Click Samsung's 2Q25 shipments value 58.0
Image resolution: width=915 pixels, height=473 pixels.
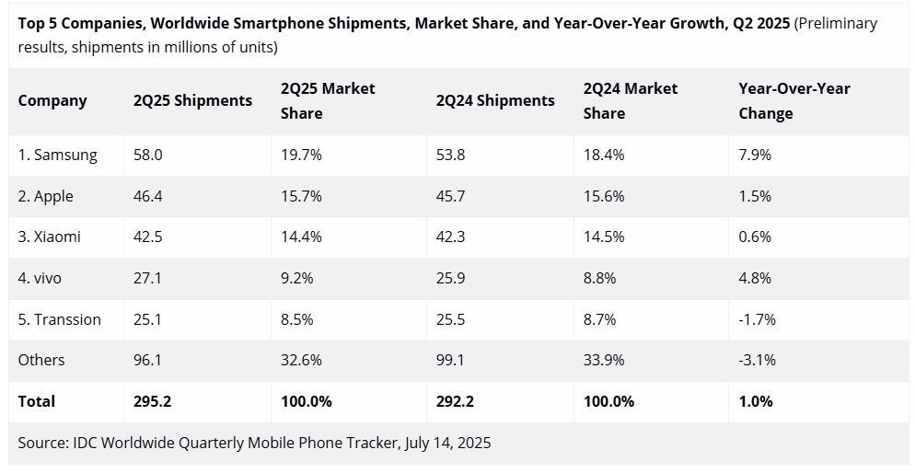tap(147, 156)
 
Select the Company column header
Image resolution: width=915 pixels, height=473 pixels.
tap(52, 101)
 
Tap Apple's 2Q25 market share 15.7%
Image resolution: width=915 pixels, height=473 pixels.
tap(301, 197)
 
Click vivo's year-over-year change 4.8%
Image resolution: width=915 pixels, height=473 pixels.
tap(755, 279)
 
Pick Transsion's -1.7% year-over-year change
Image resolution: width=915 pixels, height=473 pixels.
tap(757, 320)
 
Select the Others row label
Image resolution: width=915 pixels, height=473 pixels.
tap(41, 361)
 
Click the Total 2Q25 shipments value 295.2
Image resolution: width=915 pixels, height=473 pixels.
tap(152, 401)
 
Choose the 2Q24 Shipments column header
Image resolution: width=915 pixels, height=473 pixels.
tap(495, 101)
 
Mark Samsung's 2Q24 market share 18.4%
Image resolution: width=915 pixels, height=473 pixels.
tap(604, 156)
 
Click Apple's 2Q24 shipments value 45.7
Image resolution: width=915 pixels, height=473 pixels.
tap(450, 197)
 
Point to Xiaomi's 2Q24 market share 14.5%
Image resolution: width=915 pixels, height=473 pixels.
tap(604, 237)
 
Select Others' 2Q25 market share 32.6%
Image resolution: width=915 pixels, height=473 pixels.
tap(301, 361)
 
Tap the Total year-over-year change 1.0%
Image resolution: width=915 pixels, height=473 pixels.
tap(756, 401)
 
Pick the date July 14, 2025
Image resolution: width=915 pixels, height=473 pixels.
tap(447, 443)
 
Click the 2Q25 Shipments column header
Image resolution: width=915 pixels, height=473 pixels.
tap(192, 101)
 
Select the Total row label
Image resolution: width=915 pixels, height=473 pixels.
tap(37, 401)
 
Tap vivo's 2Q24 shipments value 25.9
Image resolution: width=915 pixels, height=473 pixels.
tap(450, 279)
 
